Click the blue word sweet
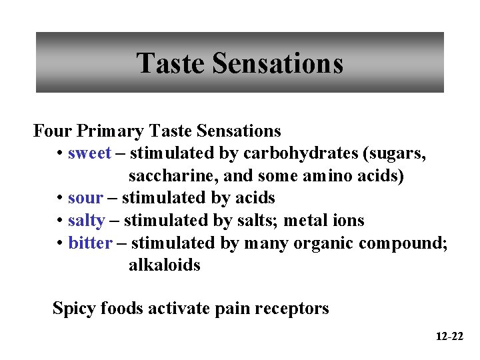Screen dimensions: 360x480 point(89,153)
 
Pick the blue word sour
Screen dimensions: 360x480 point(85,198)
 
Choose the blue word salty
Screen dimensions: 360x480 point(86,221)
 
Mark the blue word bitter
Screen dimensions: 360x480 point(90,243)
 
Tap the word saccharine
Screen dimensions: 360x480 point(169,176)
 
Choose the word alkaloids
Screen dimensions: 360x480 point(165,265)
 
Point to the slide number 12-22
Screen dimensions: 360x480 point(449,337)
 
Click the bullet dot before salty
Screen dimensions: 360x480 point(60,221)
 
